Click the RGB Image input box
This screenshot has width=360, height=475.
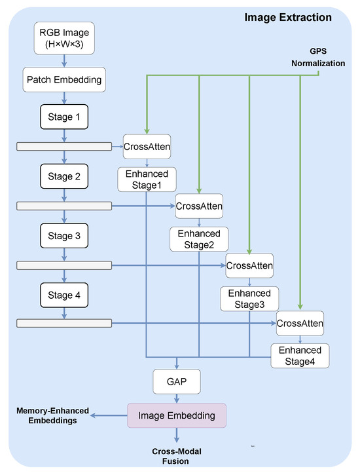point(64,38)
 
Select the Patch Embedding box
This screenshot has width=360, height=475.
point(64,80)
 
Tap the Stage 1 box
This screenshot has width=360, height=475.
point(64,117)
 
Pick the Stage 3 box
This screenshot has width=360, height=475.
point(64,236)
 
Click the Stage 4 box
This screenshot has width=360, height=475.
point(64,295)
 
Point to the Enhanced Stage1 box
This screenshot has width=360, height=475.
point(147,180)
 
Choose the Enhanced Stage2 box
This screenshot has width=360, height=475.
point(199,239)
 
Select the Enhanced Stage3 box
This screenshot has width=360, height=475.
point(249,299)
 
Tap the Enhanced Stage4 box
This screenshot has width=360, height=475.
point(300,356)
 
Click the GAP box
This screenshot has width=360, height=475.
point(177,381)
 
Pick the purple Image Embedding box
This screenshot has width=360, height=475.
point(177,415)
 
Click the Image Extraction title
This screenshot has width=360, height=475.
point(288,17)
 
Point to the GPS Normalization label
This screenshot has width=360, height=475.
point(318,57)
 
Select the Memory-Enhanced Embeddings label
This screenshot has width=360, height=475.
point(52,415)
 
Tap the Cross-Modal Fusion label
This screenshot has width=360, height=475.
point(177,456)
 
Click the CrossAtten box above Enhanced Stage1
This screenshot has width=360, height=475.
point(147,147)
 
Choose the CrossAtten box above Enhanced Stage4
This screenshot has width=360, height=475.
point(300,323)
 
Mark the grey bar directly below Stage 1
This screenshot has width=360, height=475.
point(64,147)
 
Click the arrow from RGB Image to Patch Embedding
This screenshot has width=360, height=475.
point(64,61)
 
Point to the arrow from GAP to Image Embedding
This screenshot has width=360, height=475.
point(177,398)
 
